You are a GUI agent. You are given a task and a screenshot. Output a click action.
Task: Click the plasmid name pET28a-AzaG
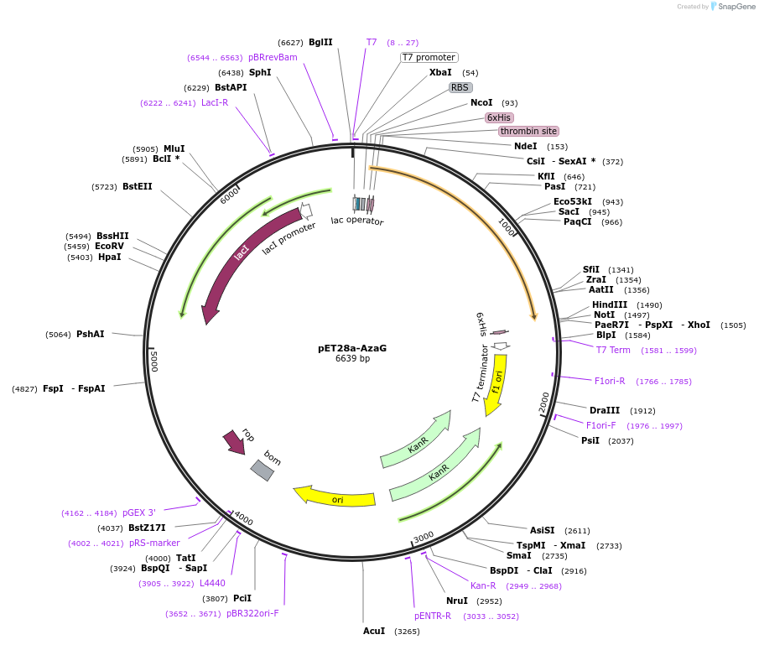pyautogui.click(x=352, y=348)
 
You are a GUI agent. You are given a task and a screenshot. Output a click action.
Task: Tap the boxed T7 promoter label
pyautogui.click(x=429, y=58)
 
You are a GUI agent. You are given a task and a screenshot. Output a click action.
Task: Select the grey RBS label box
pyautogui.click(x=460, y=87)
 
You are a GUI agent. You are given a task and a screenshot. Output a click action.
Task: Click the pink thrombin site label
pyautogui.click(x=528, y=131)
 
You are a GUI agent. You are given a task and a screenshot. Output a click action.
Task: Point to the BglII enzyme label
pyautogui.click(x=320, y=42)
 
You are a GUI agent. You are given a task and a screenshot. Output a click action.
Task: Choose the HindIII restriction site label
pyautogui.click(x=610, y=304)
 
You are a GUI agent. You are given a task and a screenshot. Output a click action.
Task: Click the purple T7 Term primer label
pyautogui.click(x=613, y=350)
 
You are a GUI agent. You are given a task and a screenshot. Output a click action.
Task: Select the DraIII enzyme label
pyautogui.click(x=605, y=410)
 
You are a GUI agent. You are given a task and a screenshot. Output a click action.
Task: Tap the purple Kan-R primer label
pyautogui.click(x=483, y=585)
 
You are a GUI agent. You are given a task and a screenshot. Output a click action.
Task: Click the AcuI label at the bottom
pyautogui.click(x=374, y=631)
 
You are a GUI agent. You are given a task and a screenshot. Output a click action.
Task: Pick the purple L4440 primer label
pyautogui.click(x=212, y=583)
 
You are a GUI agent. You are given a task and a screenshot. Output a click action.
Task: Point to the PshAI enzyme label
pyautogui.click(x=91, y=334)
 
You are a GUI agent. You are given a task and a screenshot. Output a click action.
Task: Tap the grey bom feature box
pyautogui.click(x=263, y=470)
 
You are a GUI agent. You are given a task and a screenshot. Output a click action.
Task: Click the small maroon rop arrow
pyautogui.click(x=234, y=442)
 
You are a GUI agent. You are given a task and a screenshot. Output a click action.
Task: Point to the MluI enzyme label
pyautogui.click(x=174, y=148)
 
